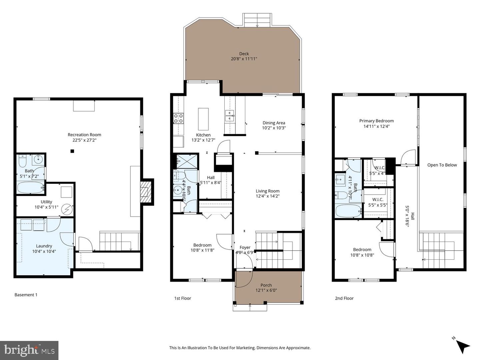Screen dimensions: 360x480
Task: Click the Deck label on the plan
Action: [244, 54]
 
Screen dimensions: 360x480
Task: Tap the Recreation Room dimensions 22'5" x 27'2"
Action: [84, 140]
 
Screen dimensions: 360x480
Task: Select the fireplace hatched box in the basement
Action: [144, 192]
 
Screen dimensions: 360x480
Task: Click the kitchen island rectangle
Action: [203, 119]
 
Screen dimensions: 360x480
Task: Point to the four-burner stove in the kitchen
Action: [178, 119]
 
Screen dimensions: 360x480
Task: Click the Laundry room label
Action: [44, 246]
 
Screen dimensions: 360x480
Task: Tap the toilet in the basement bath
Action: [22, 161]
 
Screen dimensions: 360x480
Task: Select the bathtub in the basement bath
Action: [30, 188]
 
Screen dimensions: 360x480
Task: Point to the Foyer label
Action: [245, 247]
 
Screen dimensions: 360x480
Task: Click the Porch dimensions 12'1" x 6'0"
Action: [266, 290]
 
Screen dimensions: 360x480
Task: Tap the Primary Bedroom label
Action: [376, 121]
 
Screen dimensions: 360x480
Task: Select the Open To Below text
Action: [442, 165]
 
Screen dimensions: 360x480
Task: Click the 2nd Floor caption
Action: [344, 298]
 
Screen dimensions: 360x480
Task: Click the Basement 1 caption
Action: [26, 295]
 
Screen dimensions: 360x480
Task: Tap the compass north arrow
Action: [462, 346]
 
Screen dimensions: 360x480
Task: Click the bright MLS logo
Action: [29, 350]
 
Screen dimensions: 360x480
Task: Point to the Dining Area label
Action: [274, 123]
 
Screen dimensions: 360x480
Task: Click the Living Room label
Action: [267, 191]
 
